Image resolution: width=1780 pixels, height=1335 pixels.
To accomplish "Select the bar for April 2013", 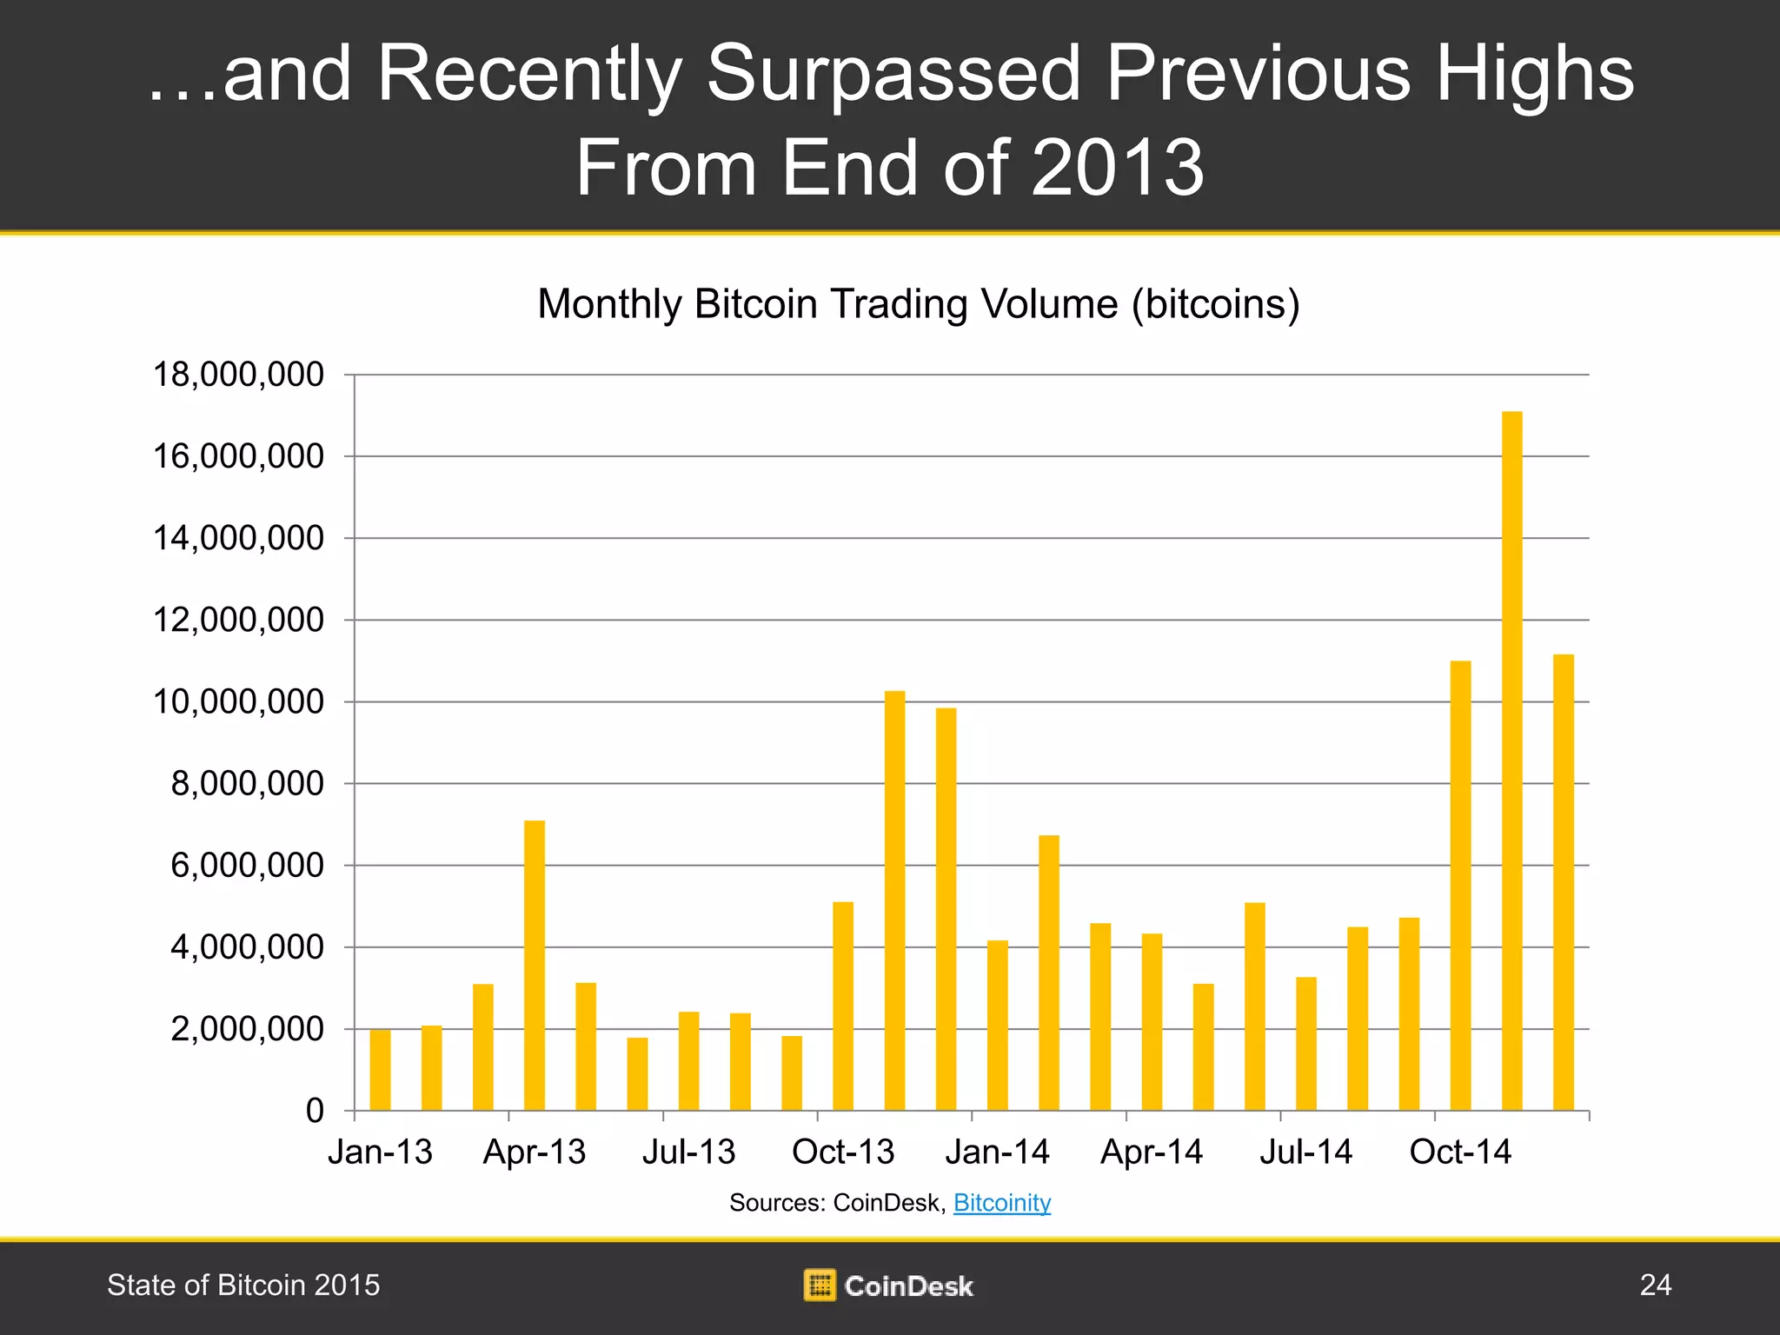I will pos(535,965).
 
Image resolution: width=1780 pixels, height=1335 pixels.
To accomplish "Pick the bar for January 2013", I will pos(380,1070).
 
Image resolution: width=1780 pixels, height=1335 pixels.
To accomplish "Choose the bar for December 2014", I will pos(1563,882).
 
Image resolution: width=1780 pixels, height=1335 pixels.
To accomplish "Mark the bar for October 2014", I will pos(1460,886).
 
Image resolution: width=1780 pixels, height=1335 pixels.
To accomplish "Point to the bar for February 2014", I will pos(1049,973).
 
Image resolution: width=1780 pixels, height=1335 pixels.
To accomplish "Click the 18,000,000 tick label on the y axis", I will pos(238,375).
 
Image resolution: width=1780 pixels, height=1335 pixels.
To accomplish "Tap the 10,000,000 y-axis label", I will pos(238,701).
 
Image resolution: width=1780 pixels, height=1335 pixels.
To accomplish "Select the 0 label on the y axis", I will pos(315,1111).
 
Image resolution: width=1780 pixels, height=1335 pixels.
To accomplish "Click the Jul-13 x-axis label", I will pos(688,1152).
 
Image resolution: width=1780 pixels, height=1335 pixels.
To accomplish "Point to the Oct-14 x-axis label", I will pos(1460,1152).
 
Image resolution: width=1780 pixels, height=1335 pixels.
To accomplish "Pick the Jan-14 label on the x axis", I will pos(997,1152).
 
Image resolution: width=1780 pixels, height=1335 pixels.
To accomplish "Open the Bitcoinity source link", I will pos(1002,1203).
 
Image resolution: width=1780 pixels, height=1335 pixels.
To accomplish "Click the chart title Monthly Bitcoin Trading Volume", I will pos(918,304).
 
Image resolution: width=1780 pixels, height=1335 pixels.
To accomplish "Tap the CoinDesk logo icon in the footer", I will pos(819,1285).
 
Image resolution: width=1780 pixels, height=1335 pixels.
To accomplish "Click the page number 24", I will pos(1655,1285).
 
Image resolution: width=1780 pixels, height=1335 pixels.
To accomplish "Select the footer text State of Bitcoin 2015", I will pos(243,1285).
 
